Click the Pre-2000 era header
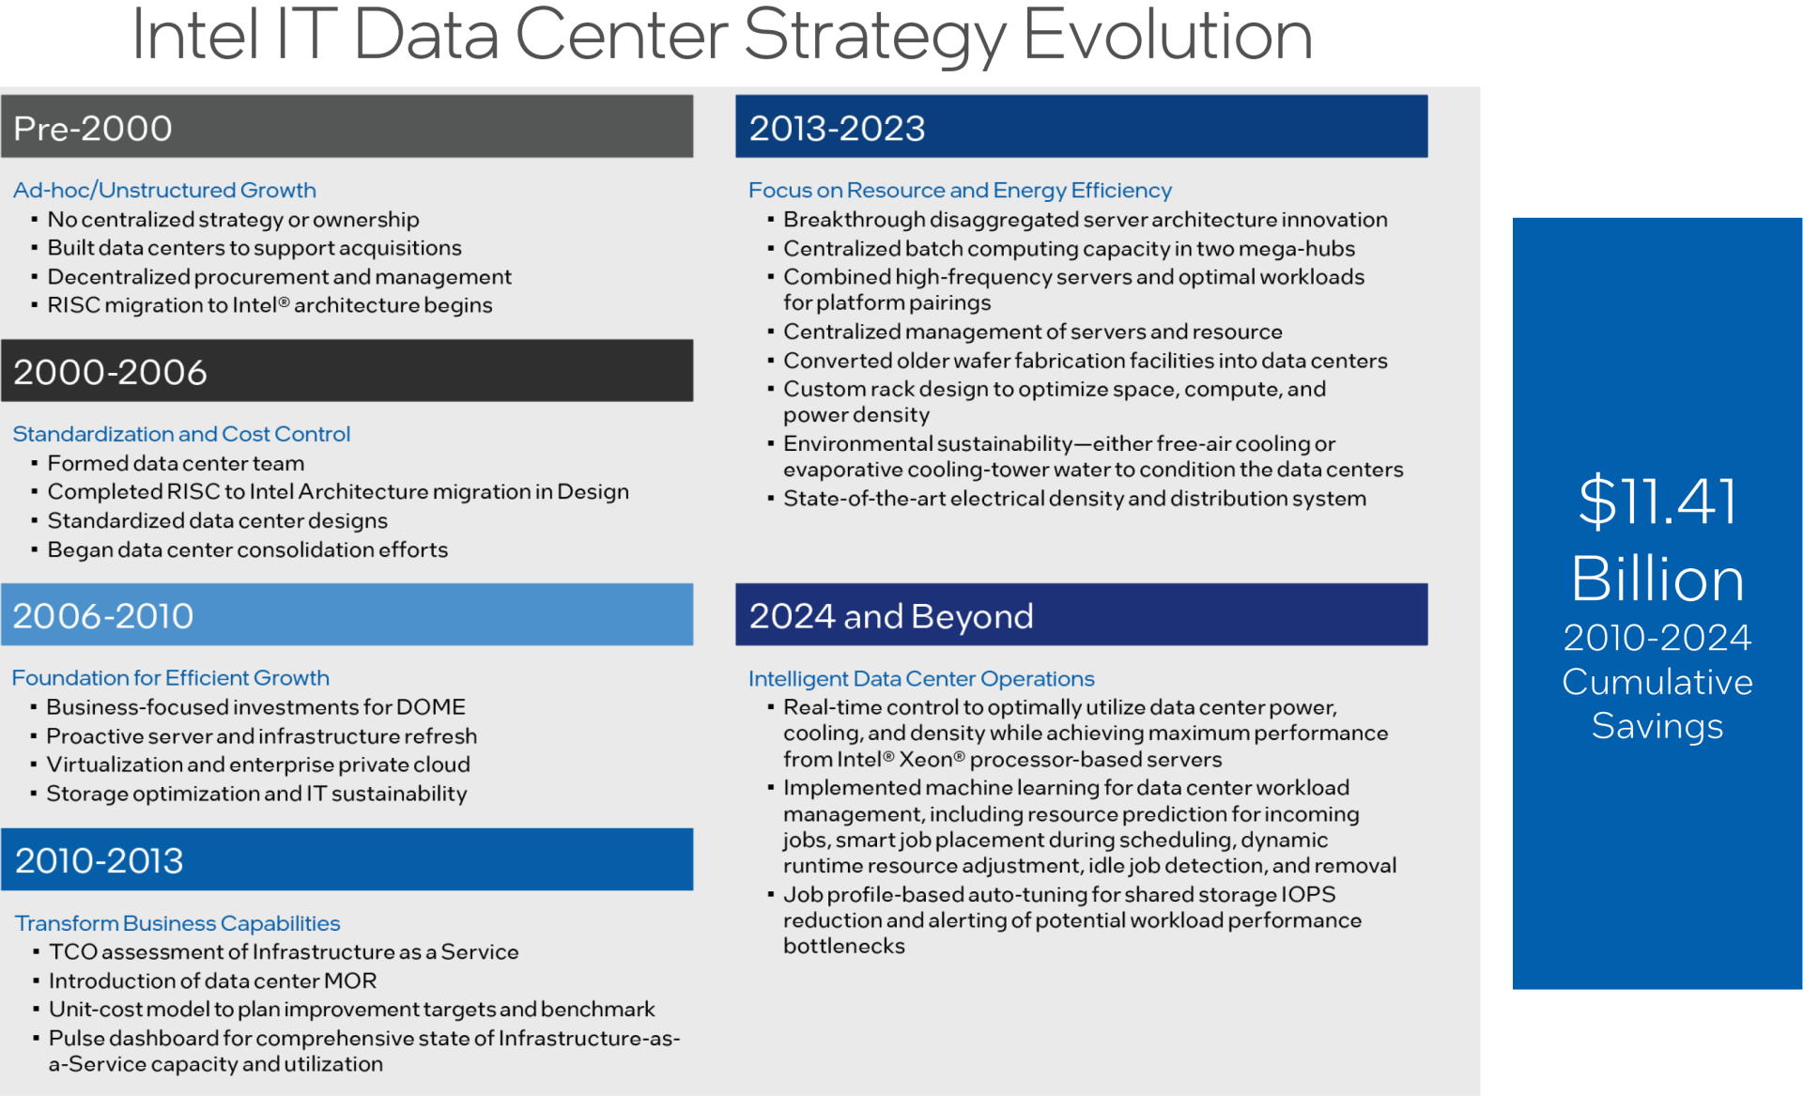[x=93, y=128]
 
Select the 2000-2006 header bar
[x=347, y=371]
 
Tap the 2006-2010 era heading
[x=103, y=616]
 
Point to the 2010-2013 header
[x=100, y=860]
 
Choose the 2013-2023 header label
[x=837, y=128]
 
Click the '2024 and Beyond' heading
[x=891, y=616]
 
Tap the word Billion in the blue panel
[x=1657, y=578]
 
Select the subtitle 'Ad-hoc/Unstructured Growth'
[x=164, y=190]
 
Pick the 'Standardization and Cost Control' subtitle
[x=181, y=434]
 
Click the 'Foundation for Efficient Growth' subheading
[x=171, y=678]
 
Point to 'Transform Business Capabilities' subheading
[x=177, y=923]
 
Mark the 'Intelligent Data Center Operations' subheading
[x=921, y=678]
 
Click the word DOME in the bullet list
[x=431, y=707]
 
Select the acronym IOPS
[x=1308, y=894]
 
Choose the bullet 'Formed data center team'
[x=176, y=463]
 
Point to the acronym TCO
[x=73, y=951]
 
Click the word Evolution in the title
[x=1167, y=36]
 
